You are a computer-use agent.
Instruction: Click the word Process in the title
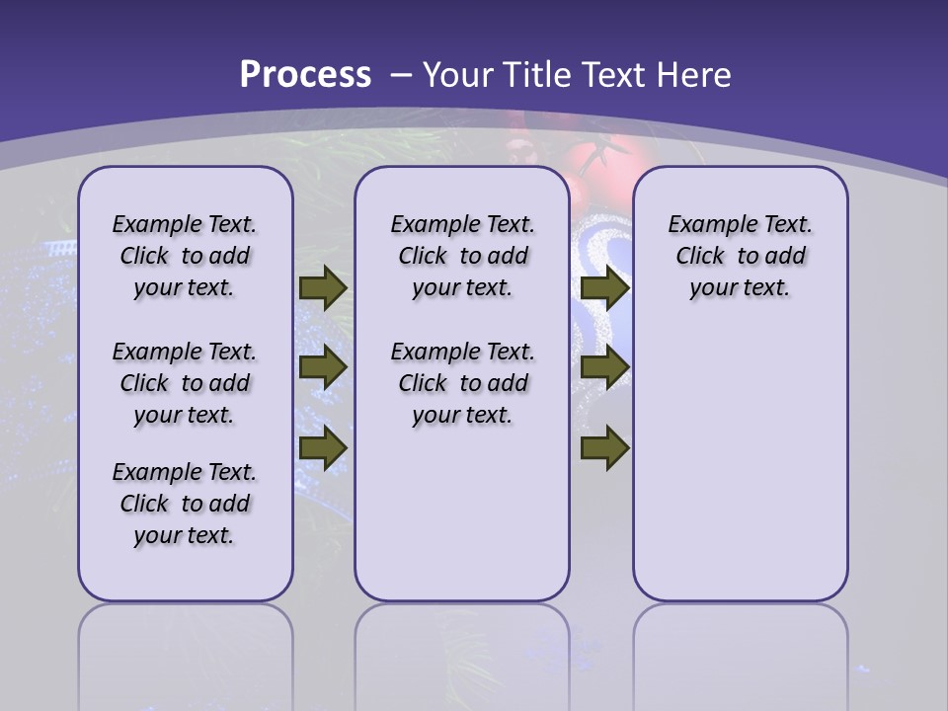coord(305,74)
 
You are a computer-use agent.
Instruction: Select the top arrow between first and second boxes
coord(322,287)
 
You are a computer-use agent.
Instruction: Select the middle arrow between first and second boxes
coord(322,367)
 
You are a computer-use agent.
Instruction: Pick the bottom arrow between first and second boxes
coord(322,448)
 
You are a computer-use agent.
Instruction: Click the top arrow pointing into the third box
coord(604,287)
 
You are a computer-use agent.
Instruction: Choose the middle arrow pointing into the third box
coord(604,367)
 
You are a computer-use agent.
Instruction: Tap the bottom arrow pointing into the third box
coord(604,448)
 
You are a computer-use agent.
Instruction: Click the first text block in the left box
coord(185,256)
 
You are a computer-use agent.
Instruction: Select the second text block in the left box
coord(185,383)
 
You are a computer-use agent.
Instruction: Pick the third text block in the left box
coord(185,504)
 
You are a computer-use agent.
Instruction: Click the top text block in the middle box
coord(462,256)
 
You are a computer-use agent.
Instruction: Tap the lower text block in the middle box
coord(462,383)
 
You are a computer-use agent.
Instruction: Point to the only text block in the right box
coord(740,256)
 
